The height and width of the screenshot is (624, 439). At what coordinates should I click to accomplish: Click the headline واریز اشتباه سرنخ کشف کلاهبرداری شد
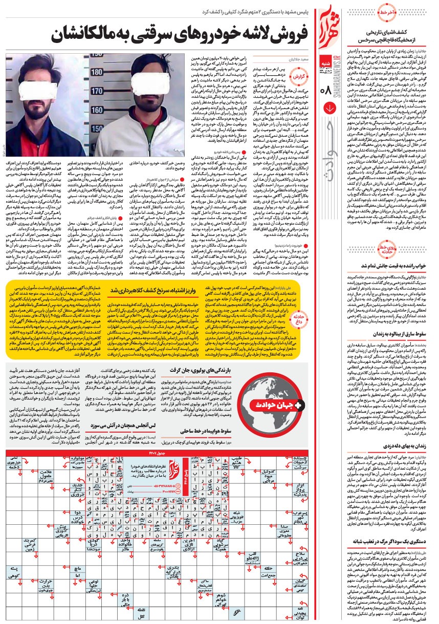[153, 289]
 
